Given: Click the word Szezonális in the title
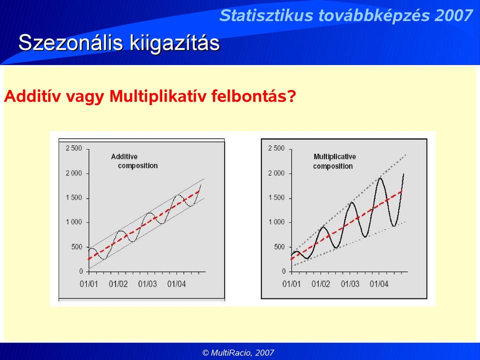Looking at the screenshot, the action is pyautogui.click(x=71, y=43).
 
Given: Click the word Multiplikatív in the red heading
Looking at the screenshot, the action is pyautogui.click(x=158, y=96).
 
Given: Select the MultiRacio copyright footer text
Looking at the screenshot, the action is pyautogui.click(x=238, y=352).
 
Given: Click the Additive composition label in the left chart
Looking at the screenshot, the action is pyautogui.click(x=134, y=161).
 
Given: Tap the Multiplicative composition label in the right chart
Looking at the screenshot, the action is pyautogui.click(x=334, y=161).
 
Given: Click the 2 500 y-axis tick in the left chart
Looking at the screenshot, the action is pyautogui.click(x=74, y=149).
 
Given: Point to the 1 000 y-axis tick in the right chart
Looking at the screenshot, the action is pyautogui.click(x=276, y=222).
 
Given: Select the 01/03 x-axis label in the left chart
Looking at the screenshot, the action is pyautogui.click(x=147, y=284).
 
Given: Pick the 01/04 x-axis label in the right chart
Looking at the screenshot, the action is pyautogui.click(x=379, y=284).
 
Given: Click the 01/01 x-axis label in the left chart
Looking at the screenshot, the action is pyautogui.click(x=89, y=284).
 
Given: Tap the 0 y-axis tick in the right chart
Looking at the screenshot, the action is pyautogui.click(x=283, y=271).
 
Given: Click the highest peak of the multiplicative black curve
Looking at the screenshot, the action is pyautogui.click(x=380, y=178).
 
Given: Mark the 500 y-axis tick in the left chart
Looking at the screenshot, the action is pyautogui.click(x=77, y=247).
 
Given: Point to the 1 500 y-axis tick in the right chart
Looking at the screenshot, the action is pyautogui.click(x=276, y=198).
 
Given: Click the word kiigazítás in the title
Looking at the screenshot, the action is pyautogui.click(x=175, y=43).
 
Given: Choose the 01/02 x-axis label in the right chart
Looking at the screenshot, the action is pyautogui.click(x=321, y=284).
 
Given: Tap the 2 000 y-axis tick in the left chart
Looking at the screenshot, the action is pyautogui.click(x=74, y=173).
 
